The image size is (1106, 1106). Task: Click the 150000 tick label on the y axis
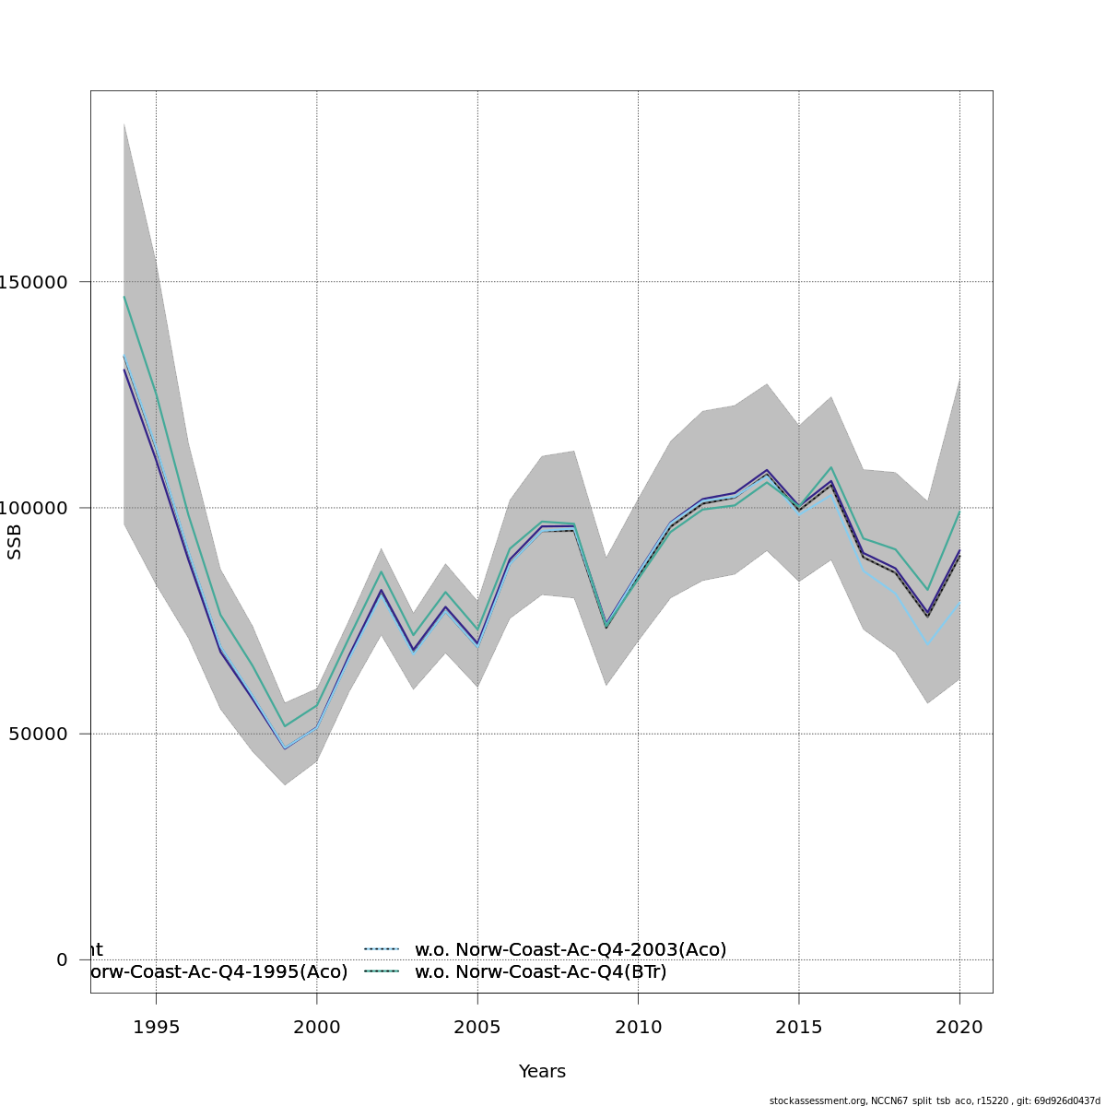[x=37, y=282]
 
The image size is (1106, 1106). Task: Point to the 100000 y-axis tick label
[x=37, y=508]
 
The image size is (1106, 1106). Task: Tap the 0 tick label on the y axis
[x=62, y=959]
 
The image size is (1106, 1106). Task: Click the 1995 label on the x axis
[x=156, y=1027]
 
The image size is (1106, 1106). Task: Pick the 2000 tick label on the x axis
[x=317, y=1027]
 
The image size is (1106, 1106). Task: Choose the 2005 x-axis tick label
[x=477, y=1027]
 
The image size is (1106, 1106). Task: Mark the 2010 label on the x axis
[x=639, y=1027]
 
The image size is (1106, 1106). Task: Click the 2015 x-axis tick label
[x=799, y=1027]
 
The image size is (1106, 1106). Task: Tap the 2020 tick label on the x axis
[x=959, y=1027]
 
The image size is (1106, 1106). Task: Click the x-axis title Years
[x=542, y=1072]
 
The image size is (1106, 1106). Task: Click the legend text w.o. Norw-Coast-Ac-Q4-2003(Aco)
[x=571, y=949]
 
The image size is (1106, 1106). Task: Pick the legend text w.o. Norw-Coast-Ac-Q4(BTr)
[x=540, y=971]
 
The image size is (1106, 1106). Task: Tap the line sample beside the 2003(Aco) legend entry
[x=381, y=949]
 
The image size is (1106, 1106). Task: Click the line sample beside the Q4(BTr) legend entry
[x=381, y=971]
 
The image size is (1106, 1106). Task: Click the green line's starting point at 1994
[x=124, y=297]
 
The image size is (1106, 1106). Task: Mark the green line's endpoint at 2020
[x=959, y=512]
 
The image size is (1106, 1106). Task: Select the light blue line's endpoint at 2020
[x=959, y=603]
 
